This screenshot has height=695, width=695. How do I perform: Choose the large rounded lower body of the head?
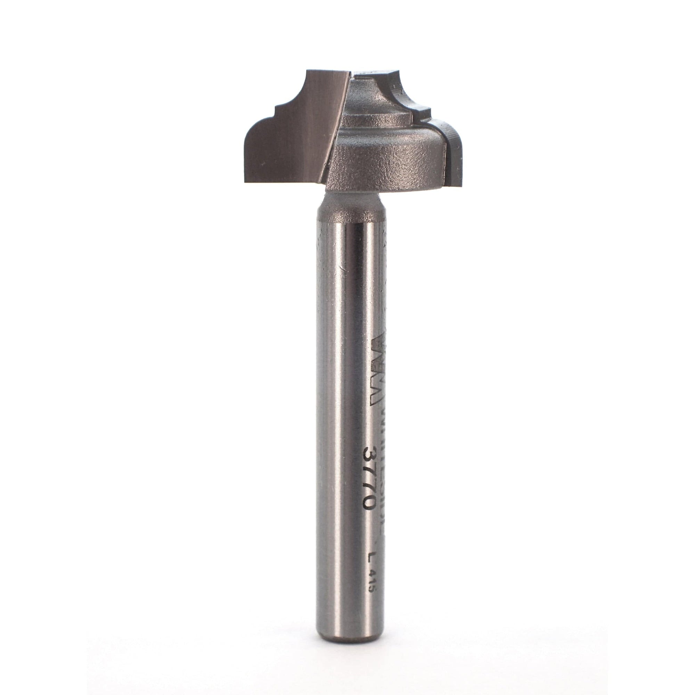(x=389, y=162)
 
